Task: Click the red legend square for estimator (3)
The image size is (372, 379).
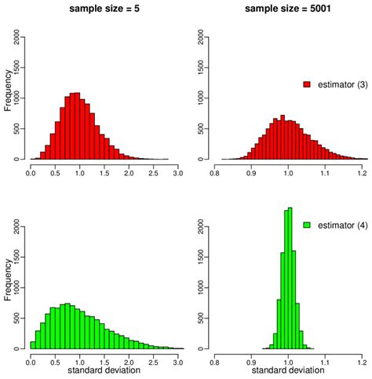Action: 307,83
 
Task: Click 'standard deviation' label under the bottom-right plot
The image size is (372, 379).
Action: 288,370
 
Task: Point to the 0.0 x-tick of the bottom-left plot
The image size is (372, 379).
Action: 30,360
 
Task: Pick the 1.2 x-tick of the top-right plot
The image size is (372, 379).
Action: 361,172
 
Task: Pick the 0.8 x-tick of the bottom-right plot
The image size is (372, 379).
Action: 215,360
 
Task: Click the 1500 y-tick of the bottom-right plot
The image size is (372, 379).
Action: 202,256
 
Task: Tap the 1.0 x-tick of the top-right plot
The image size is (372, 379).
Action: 288,172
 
